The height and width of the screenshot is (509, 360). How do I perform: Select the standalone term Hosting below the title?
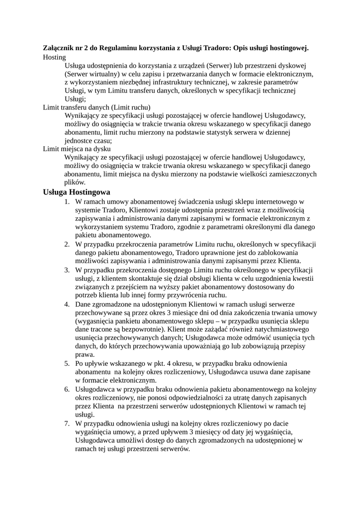[x=54, y=57]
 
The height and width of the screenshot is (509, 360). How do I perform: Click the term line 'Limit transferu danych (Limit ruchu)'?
[x=96, y=107]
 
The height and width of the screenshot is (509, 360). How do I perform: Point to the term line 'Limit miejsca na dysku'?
[x=77, y=149]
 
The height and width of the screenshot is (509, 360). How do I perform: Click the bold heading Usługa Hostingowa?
[x=77, y=192]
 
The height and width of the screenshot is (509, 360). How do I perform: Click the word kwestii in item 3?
[x=302, y=278]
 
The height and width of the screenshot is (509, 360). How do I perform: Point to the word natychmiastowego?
[x=278, y=329]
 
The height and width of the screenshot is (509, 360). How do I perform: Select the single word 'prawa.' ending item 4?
[x=85, y=355]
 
